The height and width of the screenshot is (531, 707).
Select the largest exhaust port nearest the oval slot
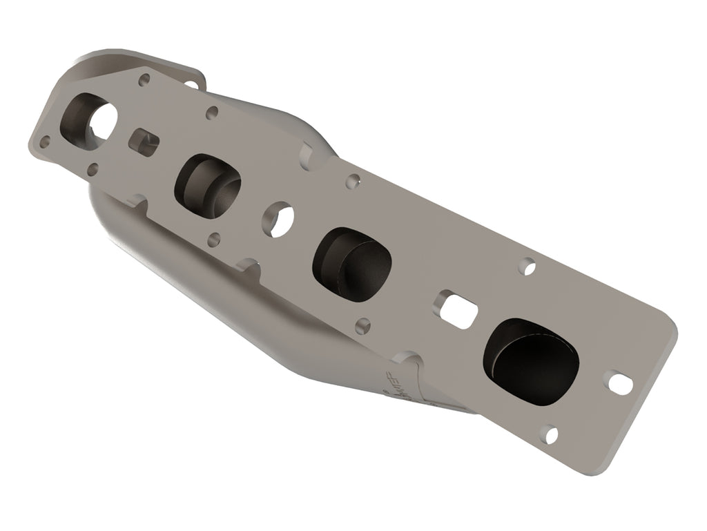click(530, 361)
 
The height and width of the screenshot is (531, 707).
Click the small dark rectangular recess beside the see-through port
click(144, 140)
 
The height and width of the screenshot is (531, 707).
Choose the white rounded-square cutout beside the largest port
click(456, 308)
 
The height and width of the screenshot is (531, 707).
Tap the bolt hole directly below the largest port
click(550, 435)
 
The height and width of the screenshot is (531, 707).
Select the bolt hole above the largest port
click(527, 266)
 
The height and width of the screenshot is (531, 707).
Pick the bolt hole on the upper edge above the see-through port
click(144, 80)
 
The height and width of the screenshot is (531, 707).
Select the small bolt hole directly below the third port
click(362, 325)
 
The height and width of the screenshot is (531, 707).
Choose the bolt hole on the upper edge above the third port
click(353, 182)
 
